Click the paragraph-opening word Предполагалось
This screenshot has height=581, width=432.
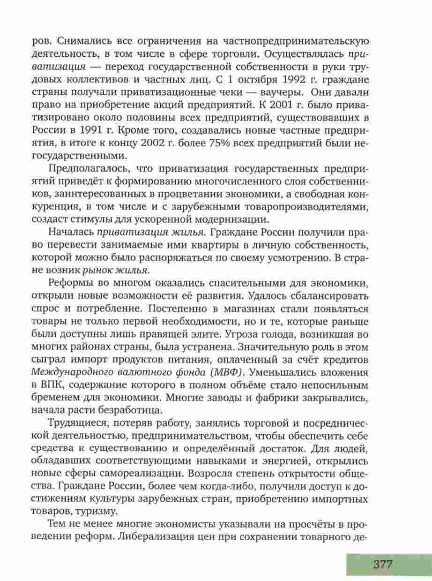click(x=87, y=168)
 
